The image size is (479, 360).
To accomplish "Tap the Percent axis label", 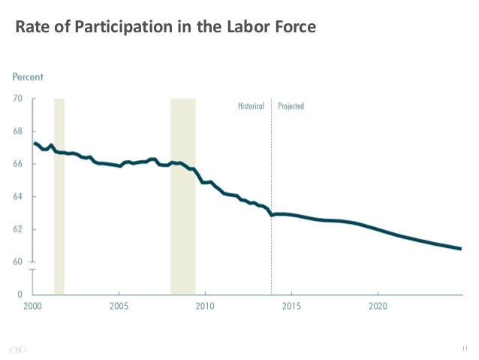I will click(27, 77).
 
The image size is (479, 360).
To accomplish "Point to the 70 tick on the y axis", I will click(17, 98).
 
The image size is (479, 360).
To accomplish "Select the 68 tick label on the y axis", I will click(17, 132).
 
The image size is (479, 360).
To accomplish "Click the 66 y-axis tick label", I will click(17, 164).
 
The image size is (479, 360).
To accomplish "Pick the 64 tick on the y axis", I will click(17, 197).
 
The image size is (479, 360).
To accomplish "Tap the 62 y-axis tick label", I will click(17, 229).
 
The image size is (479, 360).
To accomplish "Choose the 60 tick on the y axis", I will click(17, 262).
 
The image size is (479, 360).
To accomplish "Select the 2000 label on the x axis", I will click(32, 307).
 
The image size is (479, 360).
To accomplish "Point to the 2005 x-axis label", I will click(119, 307).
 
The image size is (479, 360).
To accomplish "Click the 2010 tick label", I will click(205, 307).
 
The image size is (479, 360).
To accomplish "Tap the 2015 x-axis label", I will click(291, 307).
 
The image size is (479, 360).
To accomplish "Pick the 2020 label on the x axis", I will click(377, 307).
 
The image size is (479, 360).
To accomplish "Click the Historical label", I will click(251, 107).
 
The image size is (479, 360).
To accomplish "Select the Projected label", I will click(291, 107).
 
